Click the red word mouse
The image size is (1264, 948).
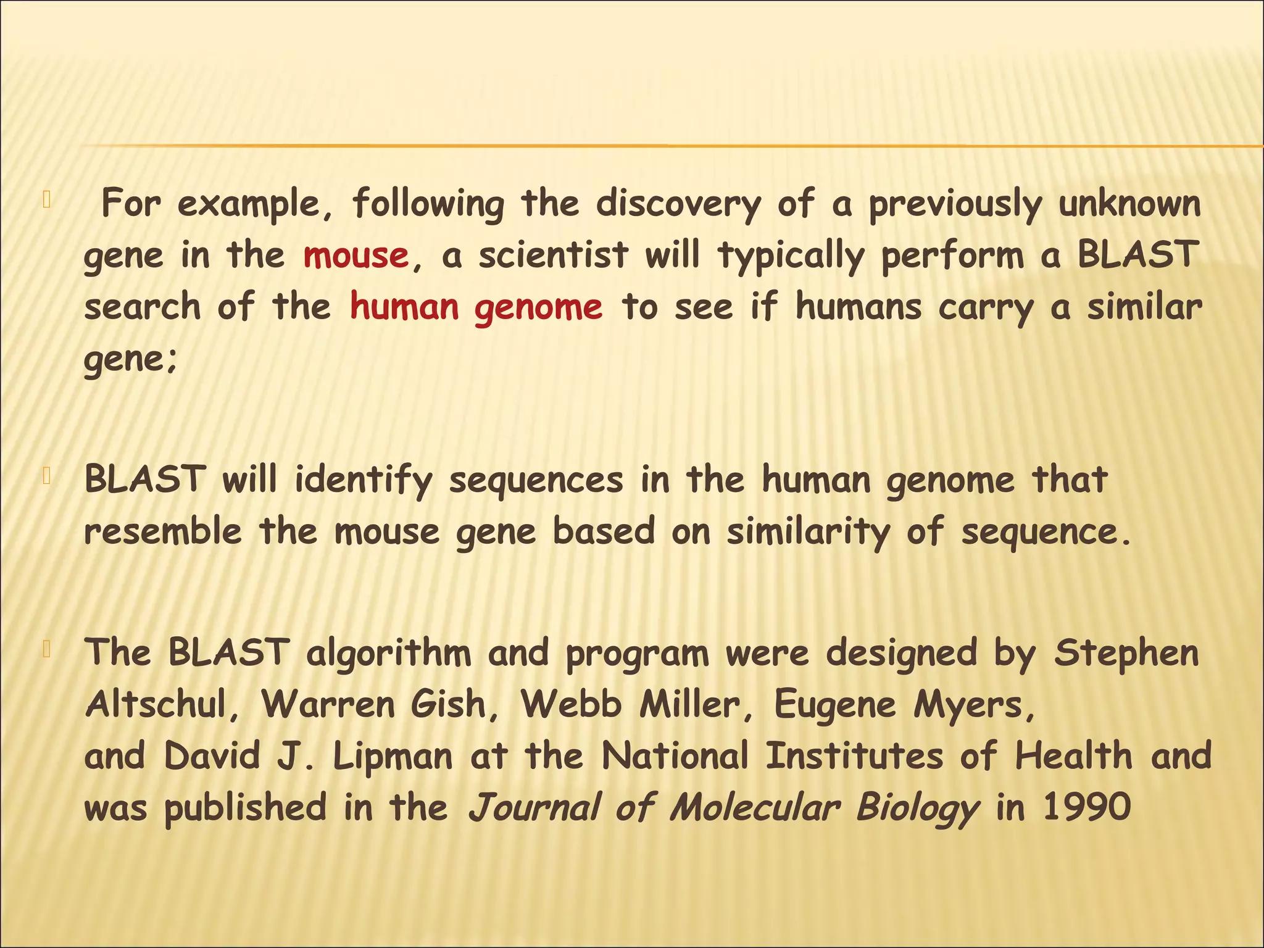tap(355, 256)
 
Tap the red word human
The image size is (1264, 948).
tap(404, 307)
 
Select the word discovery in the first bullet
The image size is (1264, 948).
tap(678, 204)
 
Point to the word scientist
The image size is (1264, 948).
tap(553, 256)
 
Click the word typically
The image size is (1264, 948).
tap(791, 257)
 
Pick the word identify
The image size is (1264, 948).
tap(364, 481)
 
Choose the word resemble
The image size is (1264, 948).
tap(163, 531)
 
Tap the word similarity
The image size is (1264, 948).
tap(809, 533)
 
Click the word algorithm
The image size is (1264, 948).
tap(388, 653)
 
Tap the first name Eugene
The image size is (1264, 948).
tap(834, 705)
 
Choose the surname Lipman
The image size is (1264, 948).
tap(393, 757)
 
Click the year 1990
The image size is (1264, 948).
tap(1086, 807)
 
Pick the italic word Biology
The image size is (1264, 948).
tap(918, 809)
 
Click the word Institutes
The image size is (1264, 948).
tap(854, 756)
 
